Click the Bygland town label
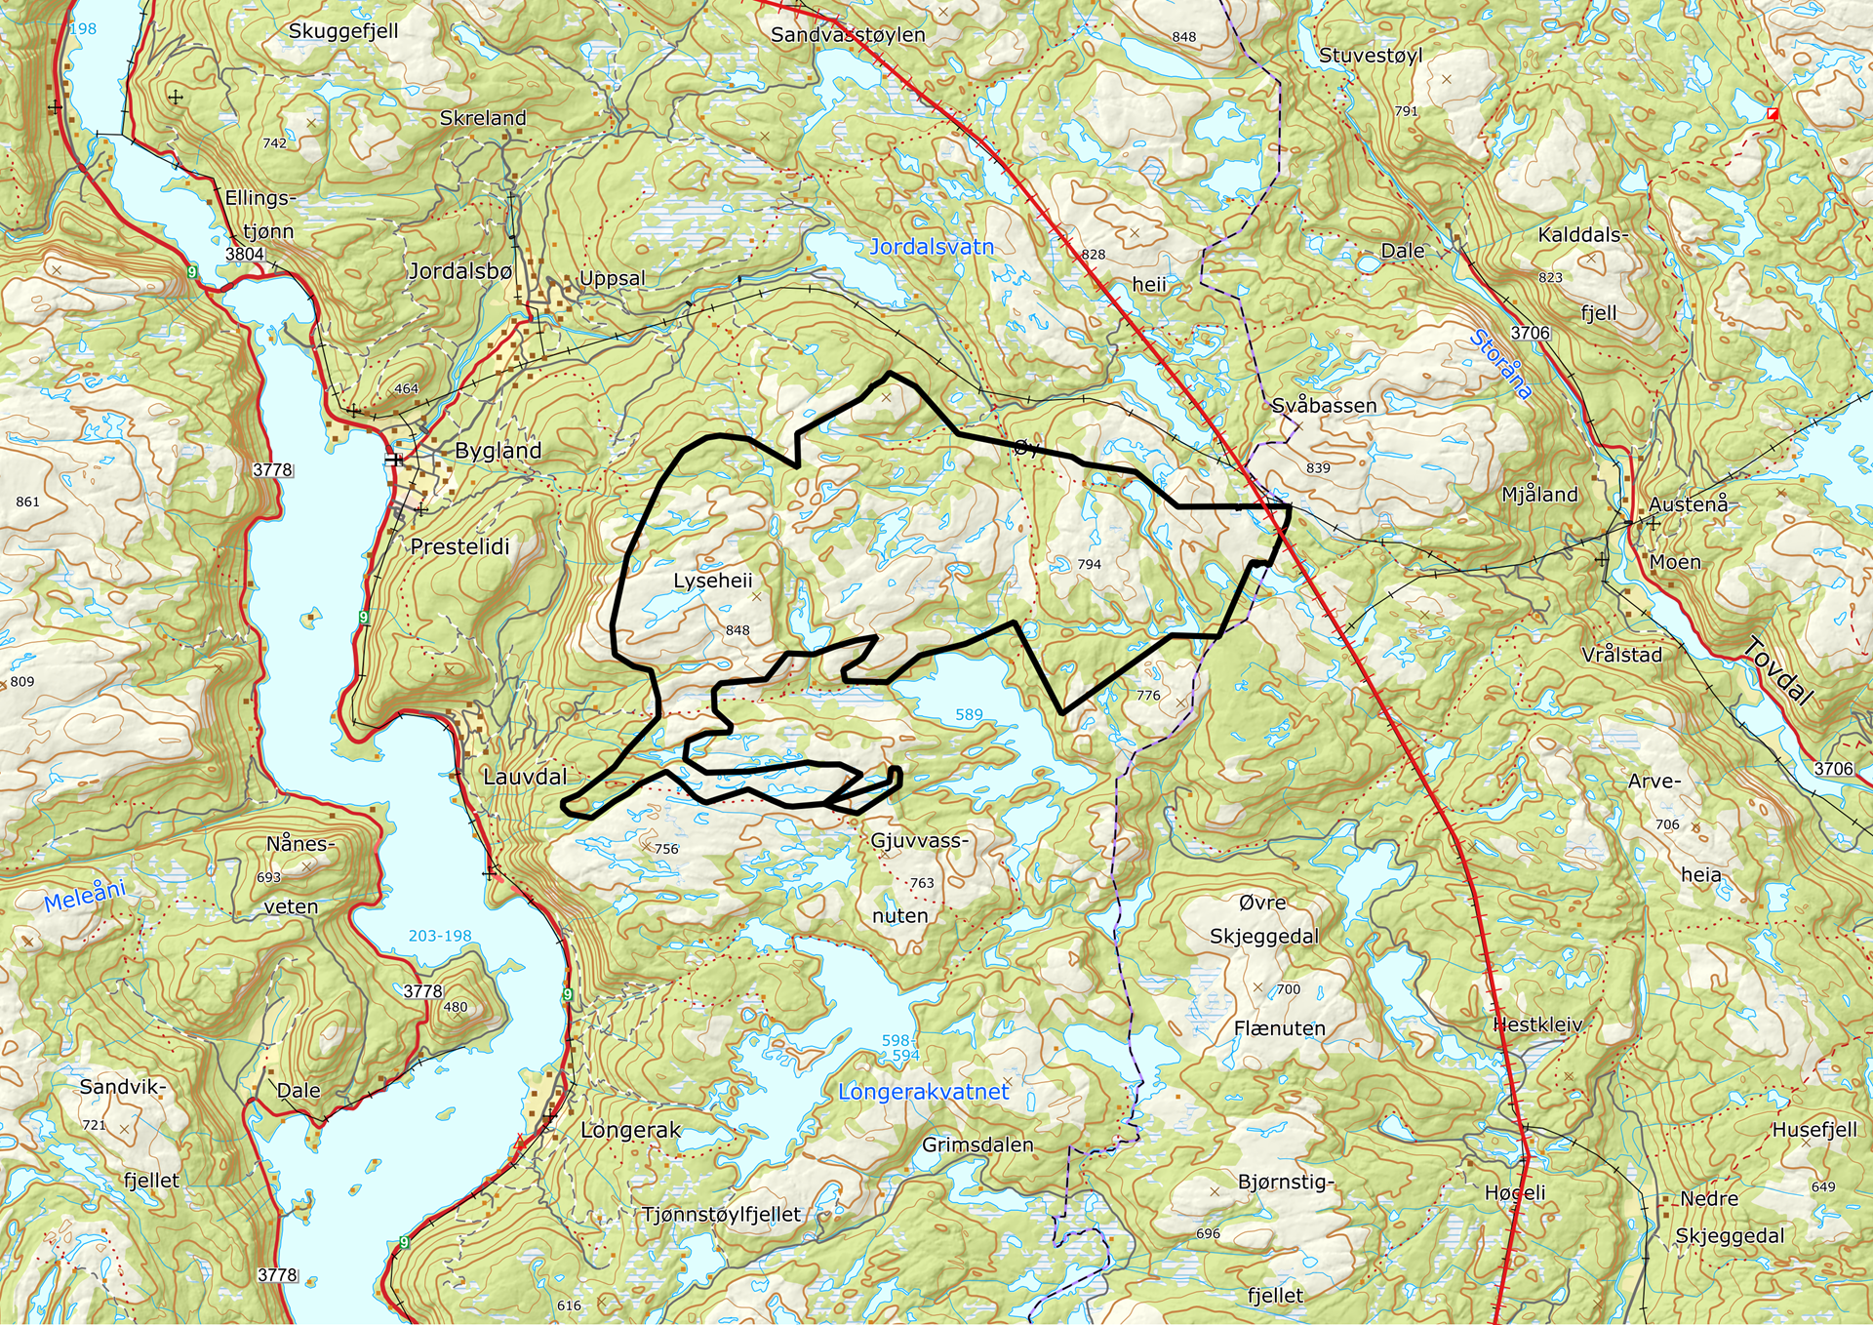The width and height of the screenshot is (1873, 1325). (x=498, y=451)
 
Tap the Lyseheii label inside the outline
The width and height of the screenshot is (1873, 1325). (x=712, y=581)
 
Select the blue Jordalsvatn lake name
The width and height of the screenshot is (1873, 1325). (x=932, y=247)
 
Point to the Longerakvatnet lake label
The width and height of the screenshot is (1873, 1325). (x=923, y=1092)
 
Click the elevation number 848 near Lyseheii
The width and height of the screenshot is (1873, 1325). (x=737, y=630)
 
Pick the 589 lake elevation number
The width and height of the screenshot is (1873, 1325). (x=969, y=714)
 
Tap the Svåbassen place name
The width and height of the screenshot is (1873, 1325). (x=1324, y=405)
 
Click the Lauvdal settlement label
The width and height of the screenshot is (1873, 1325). (x=525, y=777)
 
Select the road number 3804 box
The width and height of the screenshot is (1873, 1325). (x=244, y=254)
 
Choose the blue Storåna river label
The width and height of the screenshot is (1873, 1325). (x=1500, y=364)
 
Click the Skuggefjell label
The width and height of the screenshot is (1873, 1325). (x=343, y=31)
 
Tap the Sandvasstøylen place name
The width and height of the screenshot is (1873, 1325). (x=847, y=35)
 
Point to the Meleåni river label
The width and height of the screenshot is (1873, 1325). (x=85, y=895)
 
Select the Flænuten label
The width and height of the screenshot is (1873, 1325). (x=1279, y=1028)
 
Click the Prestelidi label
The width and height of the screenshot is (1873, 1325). (x=459, y=546)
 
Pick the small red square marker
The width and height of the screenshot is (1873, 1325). (x=1773, y=114)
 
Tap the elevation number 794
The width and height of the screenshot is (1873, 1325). (x=1089, y=564)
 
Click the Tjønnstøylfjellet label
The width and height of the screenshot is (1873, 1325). (x=721, y=1215)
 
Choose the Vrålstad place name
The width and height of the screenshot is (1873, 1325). (x=1621, y=655)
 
